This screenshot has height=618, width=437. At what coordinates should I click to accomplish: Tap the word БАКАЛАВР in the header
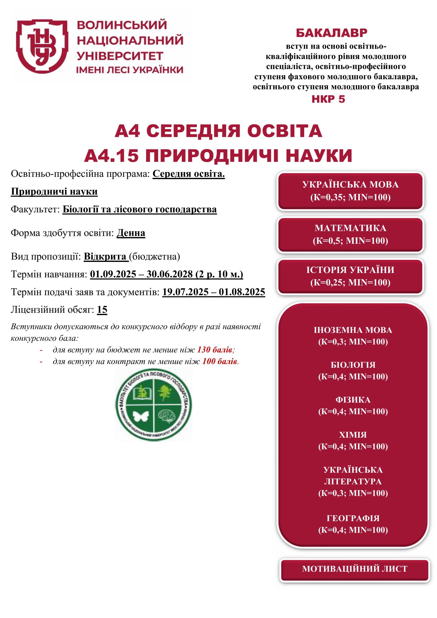331,33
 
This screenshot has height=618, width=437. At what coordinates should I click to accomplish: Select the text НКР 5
328,99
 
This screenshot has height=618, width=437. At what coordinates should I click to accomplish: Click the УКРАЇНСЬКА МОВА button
350,191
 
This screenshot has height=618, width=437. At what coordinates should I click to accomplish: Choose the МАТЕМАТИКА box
350,234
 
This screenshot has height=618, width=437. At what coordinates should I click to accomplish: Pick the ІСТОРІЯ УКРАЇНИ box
350,276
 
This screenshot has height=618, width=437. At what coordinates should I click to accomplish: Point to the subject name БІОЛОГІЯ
353,365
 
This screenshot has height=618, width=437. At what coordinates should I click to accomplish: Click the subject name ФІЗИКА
353,400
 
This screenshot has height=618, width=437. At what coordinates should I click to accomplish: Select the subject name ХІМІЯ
353,435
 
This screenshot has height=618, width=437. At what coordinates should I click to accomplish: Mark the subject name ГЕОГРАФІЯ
353,518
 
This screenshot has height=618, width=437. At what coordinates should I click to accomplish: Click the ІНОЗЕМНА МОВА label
353,330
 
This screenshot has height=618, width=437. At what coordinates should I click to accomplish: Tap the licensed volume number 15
102,310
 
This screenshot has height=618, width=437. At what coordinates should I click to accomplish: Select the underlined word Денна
131,233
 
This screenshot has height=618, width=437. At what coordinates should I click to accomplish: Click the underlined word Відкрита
106,257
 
